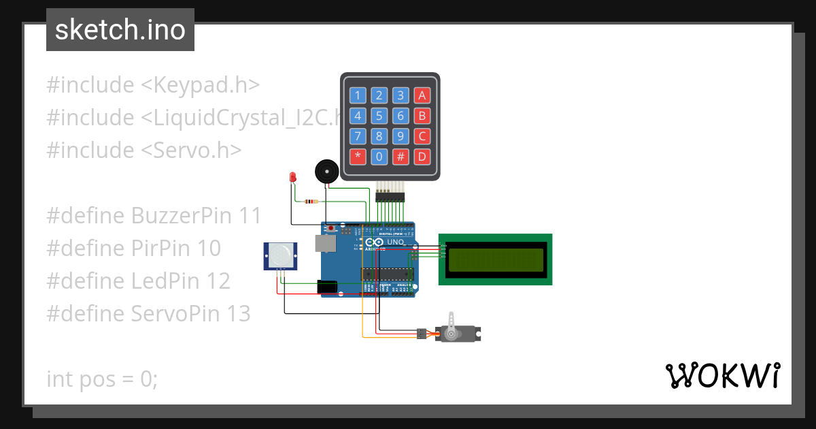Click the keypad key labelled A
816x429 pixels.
(x=422, y=95)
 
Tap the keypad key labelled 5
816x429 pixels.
(x=379, y=116)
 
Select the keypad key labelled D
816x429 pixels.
(x=422, y=157)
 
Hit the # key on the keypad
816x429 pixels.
(x=401, y=157)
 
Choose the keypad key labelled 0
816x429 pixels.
(x=379, y=157)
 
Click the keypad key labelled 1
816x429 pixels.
(x=358, y=95)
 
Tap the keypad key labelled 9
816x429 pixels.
(x=401, y=136)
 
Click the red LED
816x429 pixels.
(x=293, y=177)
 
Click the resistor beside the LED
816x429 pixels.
(x=311, y=201)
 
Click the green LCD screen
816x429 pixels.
(x=495, y=259)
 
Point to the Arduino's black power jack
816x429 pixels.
(x=328, y=287)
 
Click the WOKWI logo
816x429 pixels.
(x=722, y=375)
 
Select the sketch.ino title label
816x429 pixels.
(x=120, y=30)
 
